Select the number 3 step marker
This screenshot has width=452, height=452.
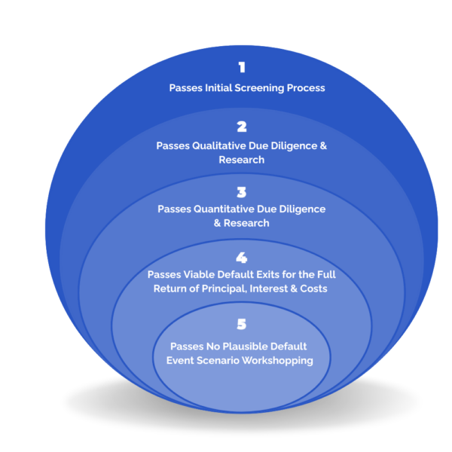pos(242,191)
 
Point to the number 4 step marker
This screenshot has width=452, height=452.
pos(242,258)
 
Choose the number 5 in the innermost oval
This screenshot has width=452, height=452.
pos(242,325)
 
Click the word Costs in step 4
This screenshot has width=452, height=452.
pos(313,289)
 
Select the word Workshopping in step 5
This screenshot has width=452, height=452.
pos(279,360)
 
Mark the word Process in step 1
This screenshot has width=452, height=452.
pos(306,88)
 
